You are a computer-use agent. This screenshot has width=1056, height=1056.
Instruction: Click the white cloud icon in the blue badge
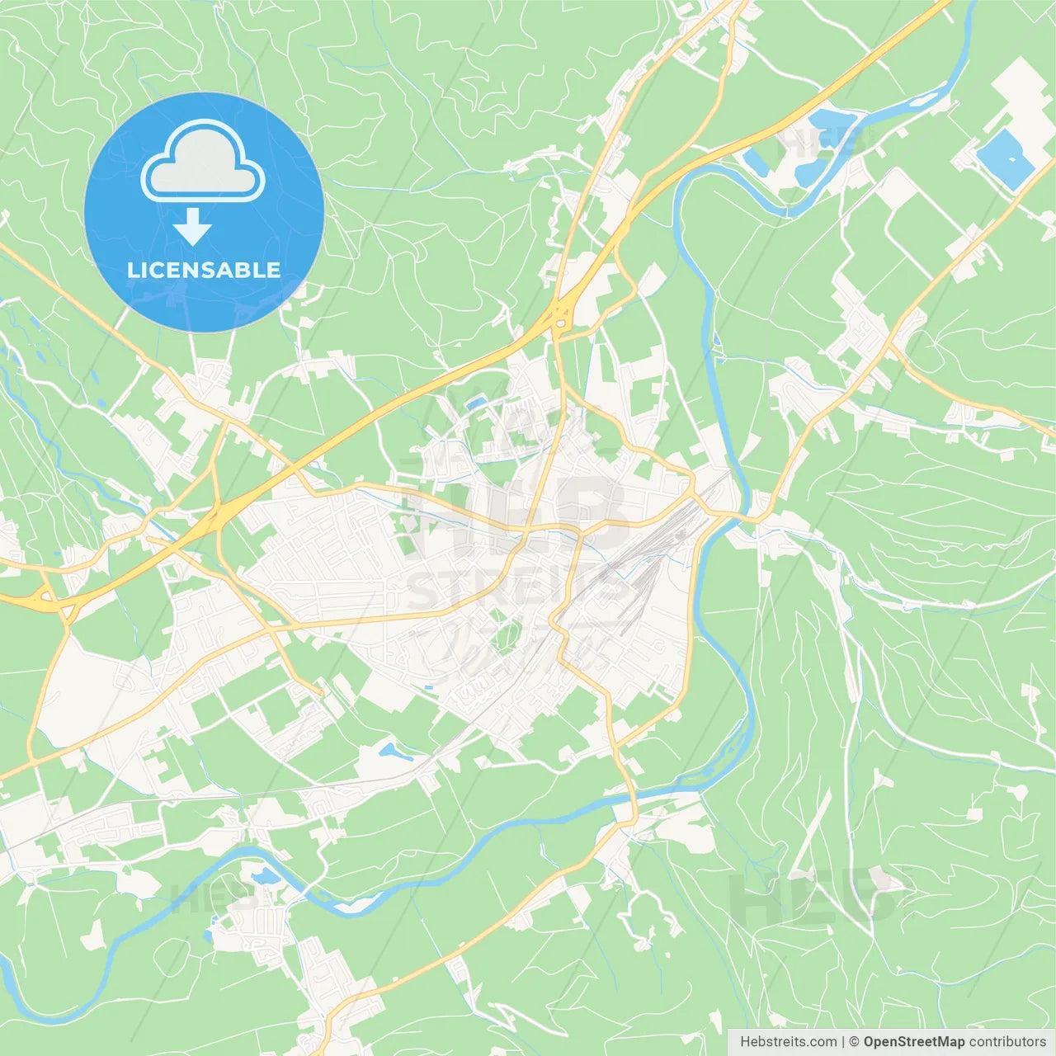[x=203, y=163]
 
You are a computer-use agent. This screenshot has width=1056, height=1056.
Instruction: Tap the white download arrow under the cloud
[x=192, y=227]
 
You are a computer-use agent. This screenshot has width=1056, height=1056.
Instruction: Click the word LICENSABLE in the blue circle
[x=204, y=270]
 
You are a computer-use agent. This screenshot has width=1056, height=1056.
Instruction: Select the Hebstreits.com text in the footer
[x=788, y=1042]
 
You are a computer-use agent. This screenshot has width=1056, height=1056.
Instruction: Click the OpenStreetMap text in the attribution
[x=914, y=1042]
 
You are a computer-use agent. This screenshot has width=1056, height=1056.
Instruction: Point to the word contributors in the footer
[x=1007, y=1042]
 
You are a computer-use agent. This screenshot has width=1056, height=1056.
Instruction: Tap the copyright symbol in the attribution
[x=855, y=1042]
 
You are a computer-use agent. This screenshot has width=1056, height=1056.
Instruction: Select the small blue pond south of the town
[x=389, y=751]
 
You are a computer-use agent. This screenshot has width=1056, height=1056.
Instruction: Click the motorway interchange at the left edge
[x=51, y=601]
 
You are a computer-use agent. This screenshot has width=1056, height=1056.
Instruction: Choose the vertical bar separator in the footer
[x=843, y=1042]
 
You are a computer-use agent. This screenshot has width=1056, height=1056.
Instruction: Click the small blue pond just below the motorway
[x=475, y=403]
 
